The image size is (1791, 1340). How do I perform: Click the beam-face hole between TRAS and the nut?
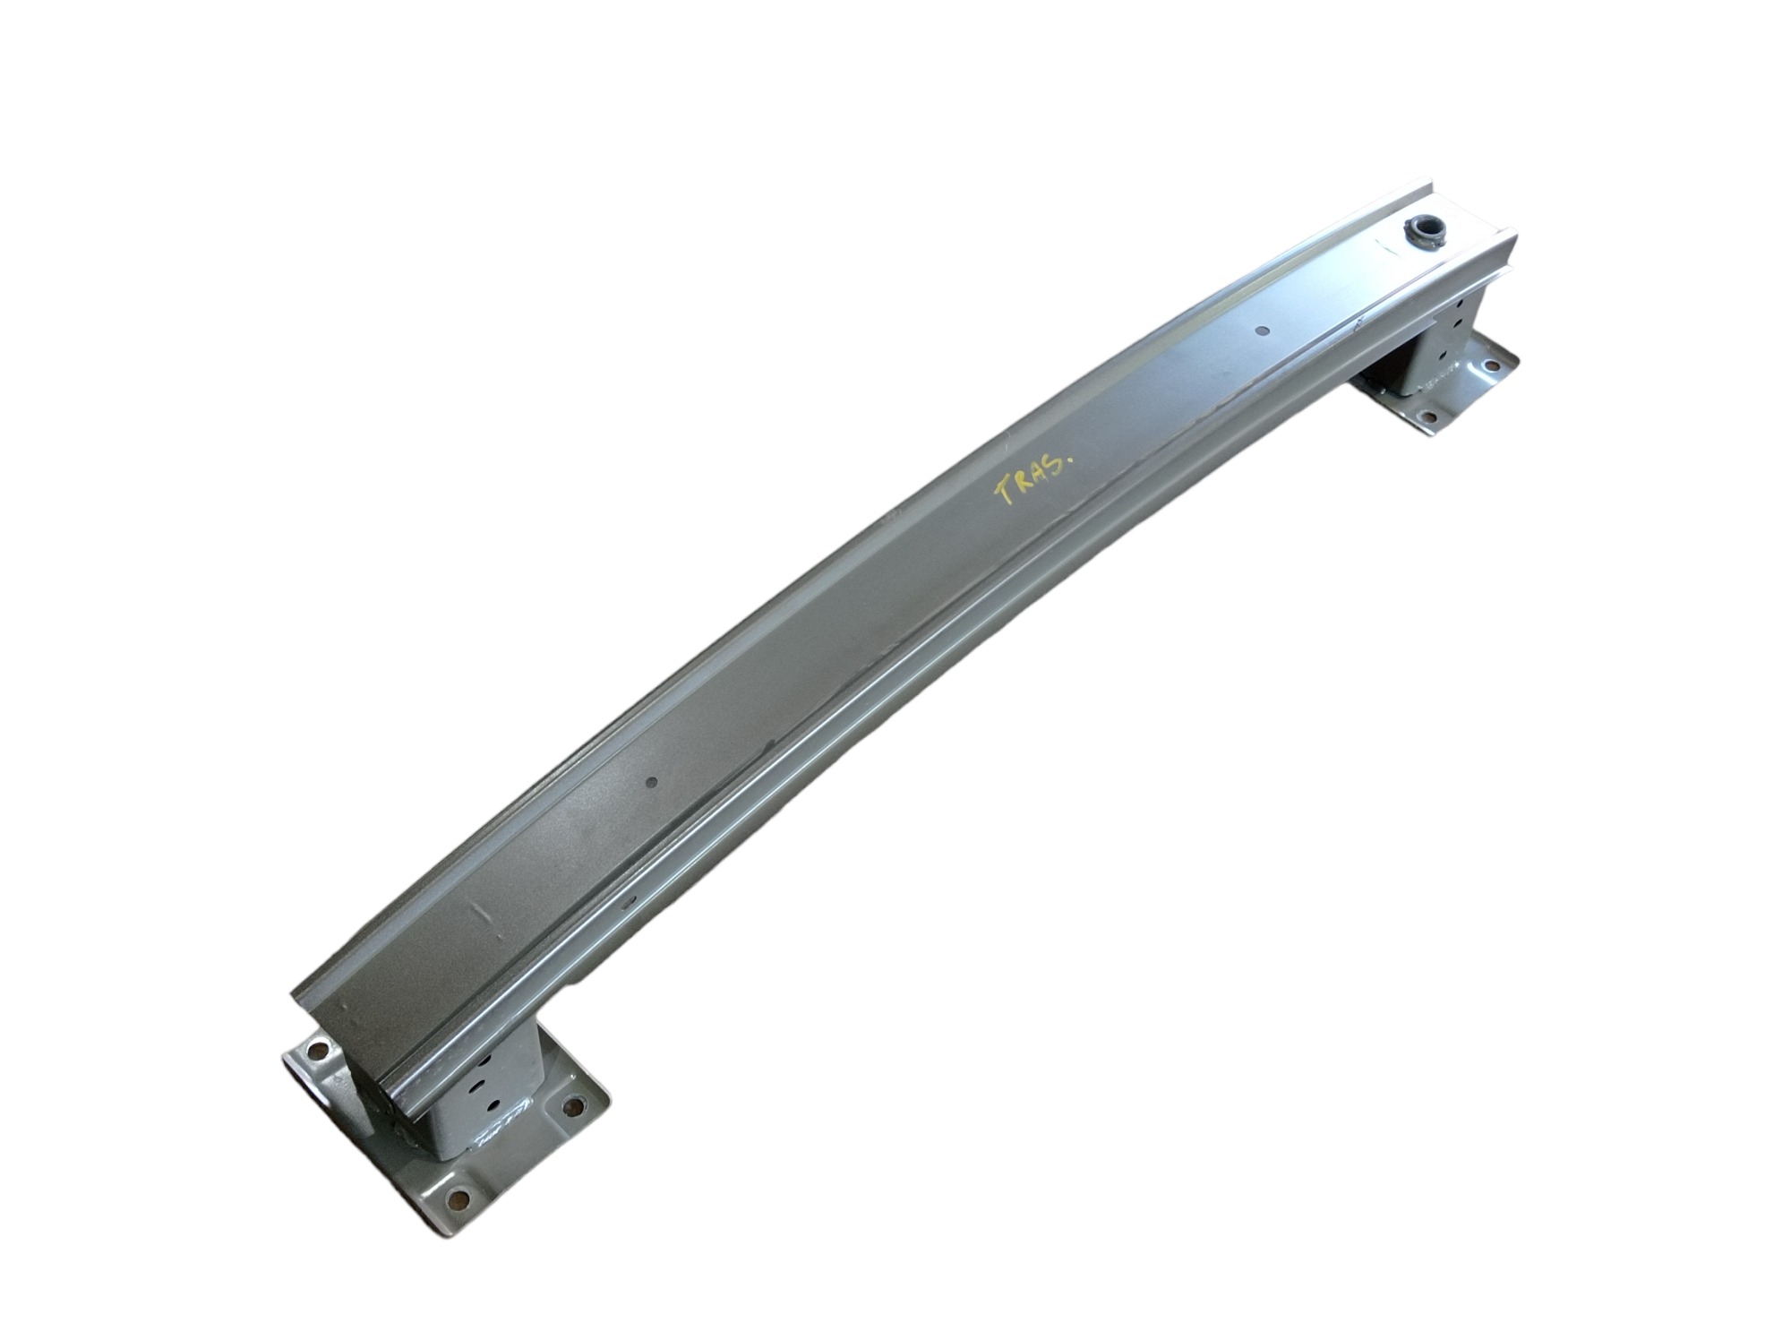1261,331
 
